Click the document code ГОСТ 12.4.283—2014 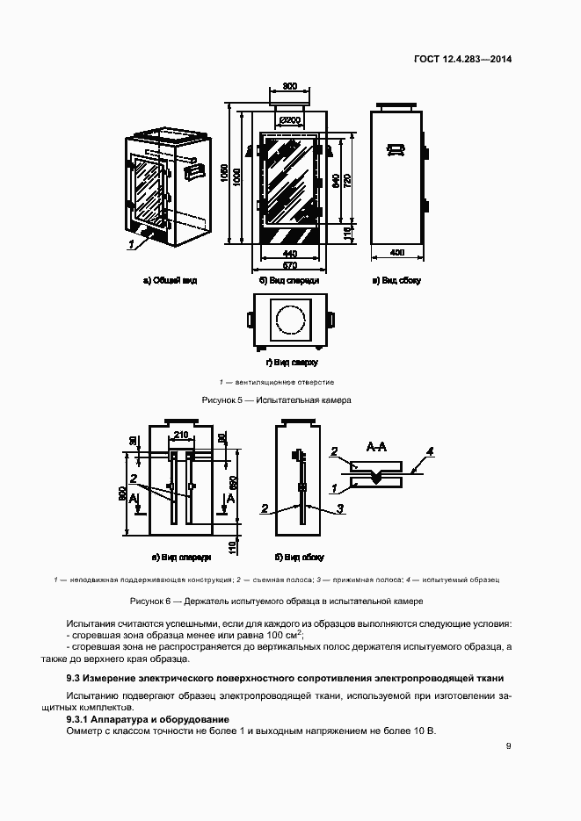pos(462,61)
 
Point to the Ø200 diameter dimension pos(289,120)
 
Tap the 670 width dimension pos(289,264)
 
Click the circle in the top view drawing pos(289,320)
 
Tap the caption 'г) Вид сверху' pos(291,362)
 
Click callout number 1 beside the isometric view pos(129,246)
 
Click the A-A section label pos(376,447)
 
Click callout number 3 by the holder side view pos(339,508)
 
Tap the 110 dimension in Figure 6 pos(232,547)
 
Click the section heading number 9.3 pos(74,679)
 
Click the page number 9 pos(508,746)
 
